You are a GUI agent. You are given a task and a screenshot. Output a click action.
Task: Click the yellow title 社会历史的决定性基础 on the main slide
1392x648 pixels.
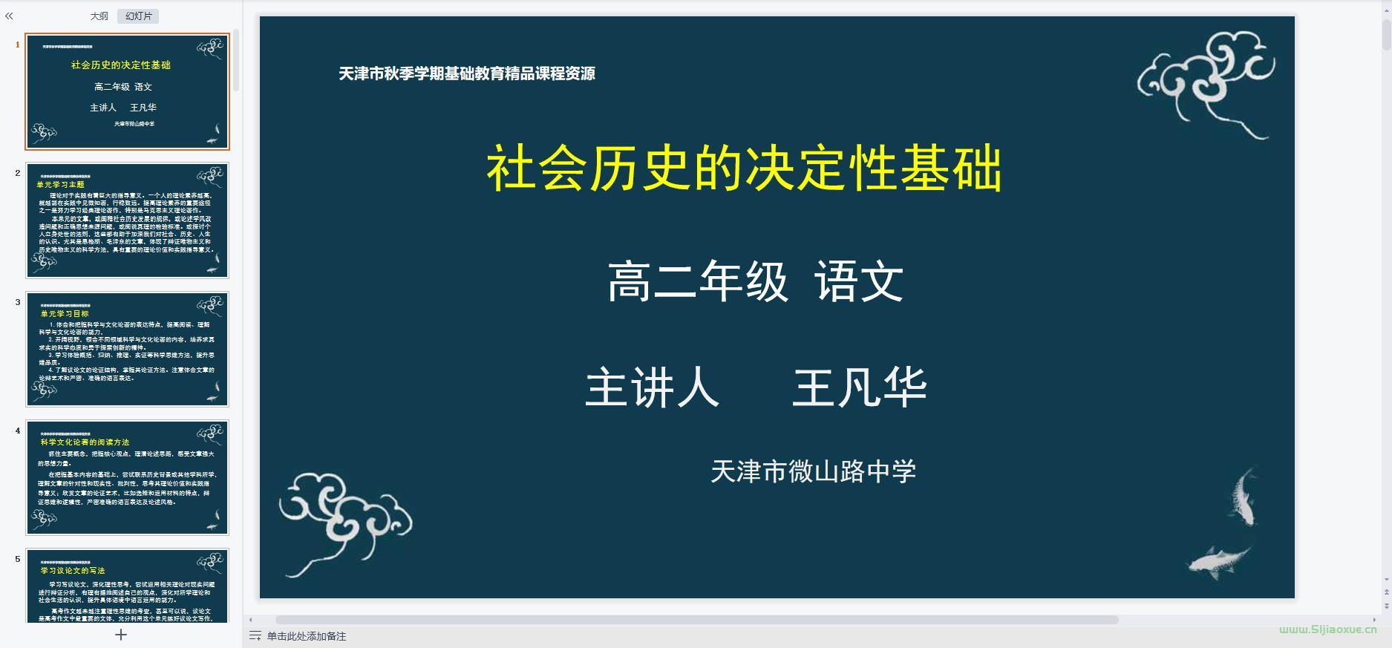tap(744, 169)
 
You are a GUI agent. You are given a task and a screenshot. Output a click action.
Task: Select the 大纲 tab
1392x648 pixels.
tap(99, 16)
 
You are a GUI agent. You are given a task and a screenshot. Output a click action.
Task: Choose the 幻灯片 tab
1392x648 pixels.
tap(138, 16)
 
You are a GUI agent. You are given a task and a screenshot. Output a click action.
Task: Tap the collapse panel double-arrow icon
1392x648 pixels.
tap(9, 16)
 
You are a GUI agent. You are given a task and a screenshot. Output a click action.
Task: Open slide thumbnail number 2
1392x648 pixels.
tap(127, 220)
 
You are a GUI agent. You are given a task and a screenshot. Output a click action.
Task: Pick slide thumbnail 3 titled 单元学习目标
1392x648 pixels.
tap(127, 349)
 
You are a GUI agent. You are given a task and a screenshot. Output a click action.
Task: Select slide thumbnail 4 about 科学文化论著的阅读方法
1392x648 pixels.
tap(127, 477)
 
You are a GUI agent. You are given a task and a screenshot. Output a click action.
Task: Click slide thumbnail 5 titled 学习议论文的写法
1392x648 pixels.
tap(127, 586)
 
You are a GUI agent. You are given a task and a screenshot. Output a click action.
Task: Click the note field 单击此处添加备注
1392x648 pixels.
tap(306, 636)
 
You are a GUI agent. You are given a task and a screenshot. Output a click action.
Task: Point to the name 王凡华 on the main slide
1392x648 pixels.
tap(860, 388)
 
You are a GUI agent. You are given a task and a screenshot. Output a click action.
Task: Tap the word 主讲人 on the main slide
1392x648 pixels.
tap(652, 388)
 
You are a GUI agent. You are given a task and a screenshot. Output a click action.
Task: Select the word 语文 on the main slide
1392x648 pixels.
tap(859, 282)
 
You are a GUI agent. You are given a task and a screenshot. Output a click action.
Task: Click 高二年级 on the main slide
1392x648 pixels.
tap(697, 282)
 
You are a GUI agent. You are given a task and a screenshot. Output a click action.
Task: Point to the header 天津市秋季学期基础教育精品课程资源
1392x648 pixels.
tap(466, 73)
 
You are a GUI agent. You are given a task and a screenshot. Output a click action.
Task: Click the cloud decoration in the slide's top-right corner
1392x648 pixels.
tap(1206, 82)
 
